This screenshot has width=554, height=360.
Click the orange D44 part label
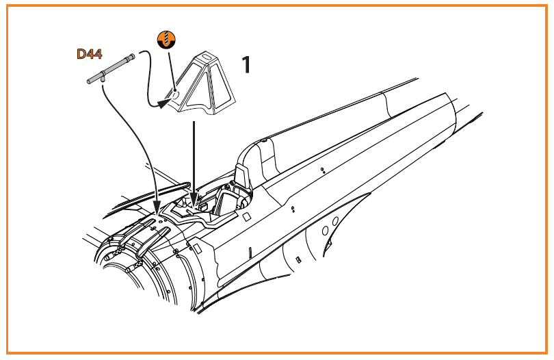click(90, 54)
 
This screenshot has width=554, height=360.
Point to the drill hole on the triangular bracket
click(176, 95)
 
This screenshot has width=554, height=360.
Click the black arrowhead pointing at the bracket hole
click(163, 103)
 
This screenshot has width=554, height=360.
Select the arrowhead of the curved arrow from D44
click(157, 209)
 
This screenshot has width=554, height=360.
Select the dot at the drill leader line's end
click(176, 90)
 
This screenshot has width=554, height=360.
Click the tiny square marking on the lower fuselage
click(299, 259)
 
